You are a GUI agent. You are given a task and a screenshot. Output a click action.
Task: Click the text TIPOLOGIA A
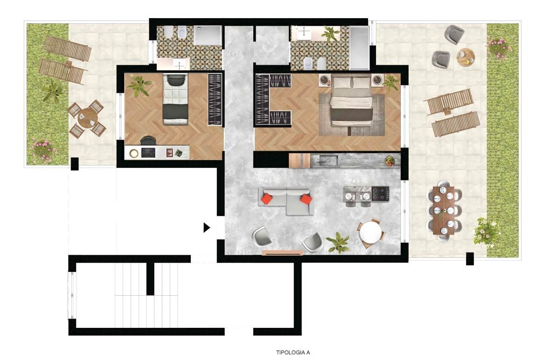coord(293,353)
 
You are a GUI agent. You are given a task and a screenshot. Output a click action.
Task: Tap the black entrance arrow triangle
coord(207,228)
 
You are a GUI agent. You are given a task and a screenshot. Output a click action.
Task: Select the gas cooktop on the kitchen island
coord(380,194)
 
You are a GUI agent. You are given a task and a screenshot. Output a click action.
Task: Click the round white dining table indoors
coord(370,233)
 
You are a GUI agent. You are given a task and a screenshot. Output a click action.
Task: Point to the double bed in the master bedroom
coord(351,101)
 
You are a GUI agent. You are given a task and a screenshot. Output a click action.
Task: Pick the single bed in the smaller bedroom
coord(175,99)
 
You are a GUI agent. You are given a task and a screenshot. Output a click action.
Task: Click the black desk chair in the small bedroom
coord(148,140)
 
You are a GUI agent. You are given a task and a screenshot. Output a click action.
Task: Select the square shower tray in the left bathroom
coord(208,35)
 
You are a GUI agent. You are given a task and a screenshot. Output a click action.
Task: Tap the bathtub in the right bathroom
coord(360,48)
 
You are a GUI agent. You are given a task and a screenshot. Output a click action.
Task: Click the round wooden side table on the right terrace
coord(466,57)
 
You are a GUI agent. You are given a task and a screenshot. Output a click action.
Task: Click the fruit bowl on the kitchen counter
coord(390,161)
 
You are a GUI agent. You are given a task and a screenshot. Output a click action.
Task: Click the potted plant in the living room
coord(338,242)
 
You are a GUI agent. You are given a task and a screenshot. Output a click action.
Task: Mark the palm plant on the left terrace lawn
coord(53,90)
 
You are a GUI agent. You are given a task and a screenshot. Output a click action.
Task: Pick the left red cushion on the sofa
coord(267,199)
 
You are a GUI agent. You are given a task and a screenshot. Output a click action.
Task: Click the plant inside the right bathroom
coord(330,34)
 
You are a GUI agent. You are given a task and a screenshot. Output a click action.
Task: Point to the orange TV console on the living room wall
coord(282,253)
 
